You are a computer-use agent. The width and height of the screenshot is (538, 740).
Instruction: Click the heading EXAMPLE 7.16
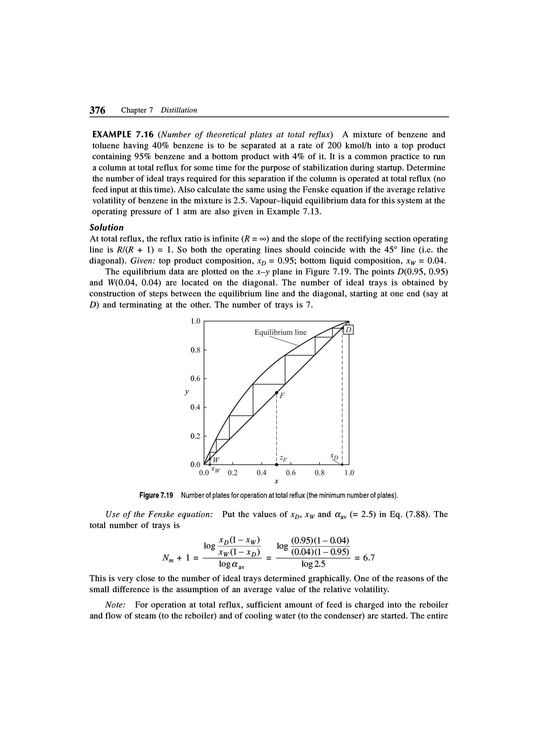tap(120, 134)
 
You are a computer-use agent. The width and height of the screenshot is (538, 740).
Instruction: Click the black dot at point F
tap(276, 392)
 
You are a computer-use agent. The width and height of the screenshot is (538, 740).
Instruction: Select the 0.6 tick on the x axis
tap(290, 473)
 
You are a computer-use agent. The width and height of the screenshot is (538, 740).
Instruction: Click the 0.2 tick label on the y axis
tap(195, 436)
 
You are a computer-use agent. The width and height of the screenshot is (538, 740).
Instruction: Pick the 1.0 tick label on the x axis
tap(349, 473)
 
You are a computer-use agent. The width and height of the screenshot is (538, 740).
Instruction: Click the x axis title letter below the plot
tap(276, 481)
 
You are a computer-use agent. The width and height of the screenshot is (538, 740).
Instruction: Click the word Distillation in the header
tap(179, 110)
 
